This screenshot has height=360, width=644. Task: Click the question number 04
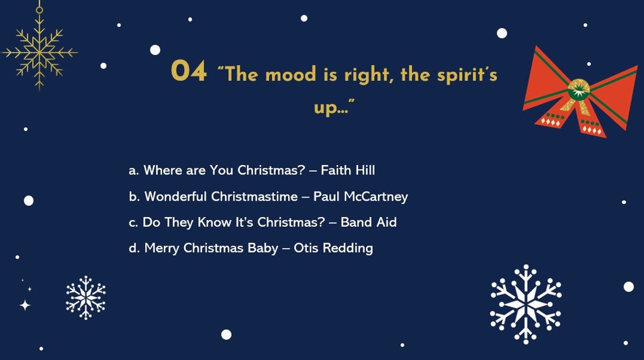189,72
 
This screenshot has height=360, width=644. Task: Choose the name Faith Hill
347,170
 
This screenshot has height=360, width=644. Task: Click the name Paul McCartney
360,197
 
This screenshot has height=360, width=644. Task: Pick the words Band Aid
368,222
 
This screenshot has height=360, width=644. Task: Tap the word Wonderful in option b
176,197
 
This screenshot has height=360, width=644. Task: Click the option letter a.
133,171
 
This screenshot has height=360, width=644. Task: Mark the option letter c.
133,223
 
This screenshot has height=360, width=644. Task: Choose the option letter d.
134,248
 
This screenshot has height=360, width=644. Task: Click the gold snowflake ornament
39,53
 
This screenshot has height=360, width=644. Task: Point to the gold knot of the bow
578,89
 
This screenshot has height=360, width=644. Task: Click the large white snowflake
525,304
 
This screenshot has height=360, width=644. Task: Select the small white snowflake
86,297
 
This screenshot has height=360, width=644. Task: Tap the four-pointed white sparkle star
25,305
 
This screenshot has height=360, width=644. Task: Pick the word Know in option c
215,222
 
